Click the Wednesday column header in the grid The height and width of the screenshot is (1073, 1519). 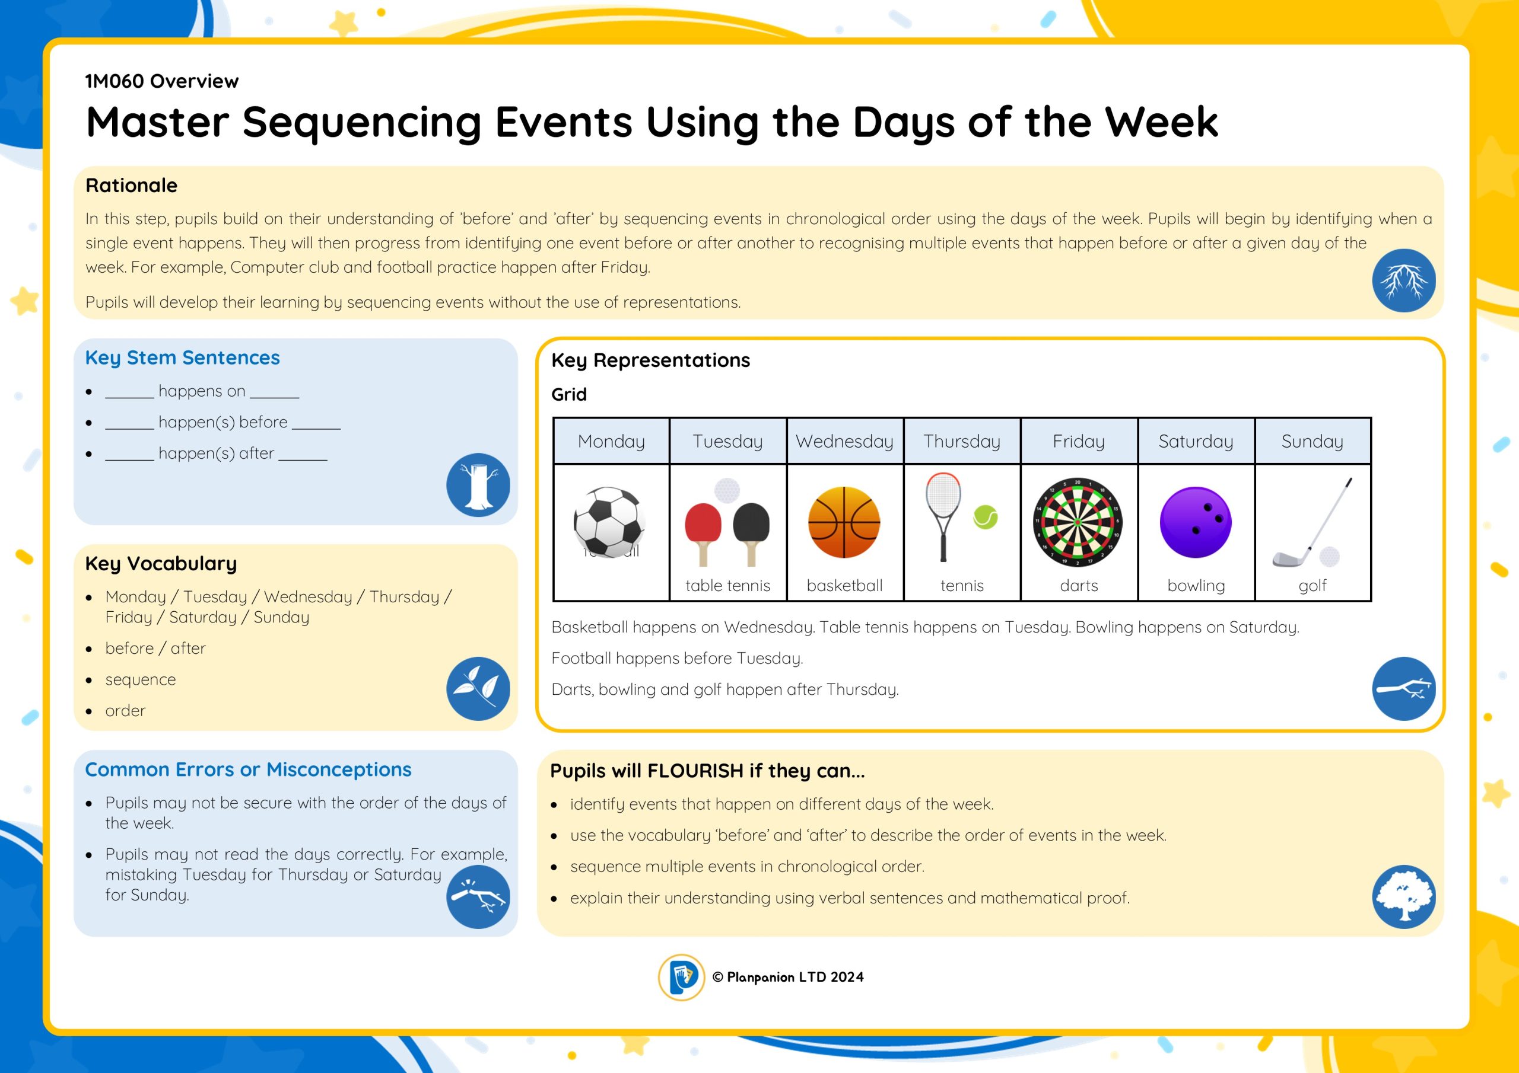pos(845,441)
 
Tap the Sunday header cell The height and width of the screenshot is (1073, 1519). pos(1312,441)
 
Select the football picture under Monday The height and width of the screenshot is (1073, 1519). pos(609,522)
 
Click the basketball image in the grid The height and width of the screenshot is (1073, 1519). pos(844,522)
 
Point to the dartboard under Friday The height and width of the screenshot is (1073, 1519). pos(1078,522)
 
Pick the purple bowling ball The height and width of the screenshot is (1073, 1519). pos(1196,522)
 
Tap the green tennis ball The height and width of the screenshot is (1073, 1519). pos(985,517)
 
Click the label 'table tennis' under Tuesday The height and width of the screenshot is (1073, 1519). pos(727,585)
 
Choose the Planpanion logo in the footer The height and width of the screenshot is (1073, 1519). pos(681,976)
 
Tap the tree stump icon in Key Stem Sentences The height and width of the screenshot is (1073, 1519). pos(478,484)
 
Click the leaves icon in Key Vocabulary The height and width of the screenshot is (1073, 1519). pos(478,688)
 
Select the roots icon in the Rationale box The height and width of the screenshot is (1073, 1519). pos(1404,280)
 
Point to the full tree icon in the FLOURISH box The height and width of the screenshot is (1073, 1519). pos(1404,896)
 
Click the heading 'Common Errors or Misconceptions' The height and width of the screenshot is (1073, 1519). pos(248,769)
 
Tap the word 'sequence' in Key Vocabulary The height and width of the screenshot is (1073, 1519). pos(140,679)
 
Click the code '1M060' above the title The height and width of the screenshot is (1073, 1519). pos(115,81)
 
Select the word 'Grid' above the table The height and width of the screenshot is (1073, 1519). pos(569,394)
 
